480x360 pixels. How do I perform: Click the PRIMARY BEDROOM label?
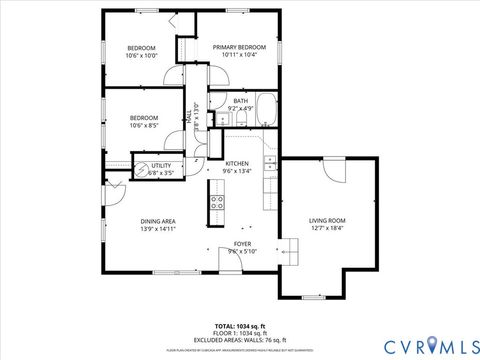(x=239, y=48)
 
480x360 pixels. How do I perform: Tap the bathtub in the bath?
(x=266, y=109)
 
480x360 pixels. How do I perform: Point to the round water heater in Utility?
(x=142, y=168)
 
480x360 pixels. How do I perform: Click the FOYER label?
(x=242, y=244)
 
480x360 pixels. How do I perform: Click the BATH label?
(x=240, y=101)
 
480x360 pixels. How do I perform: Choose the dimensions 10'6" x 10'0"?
(x=141, y=57)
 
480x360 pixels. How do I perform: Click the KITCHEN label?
(x=237, y=163)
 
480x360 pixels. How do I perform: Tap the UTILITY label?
(x=161, y=165)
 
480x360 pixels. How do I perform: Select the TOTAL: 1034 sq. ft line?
(x=239, y=326)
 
